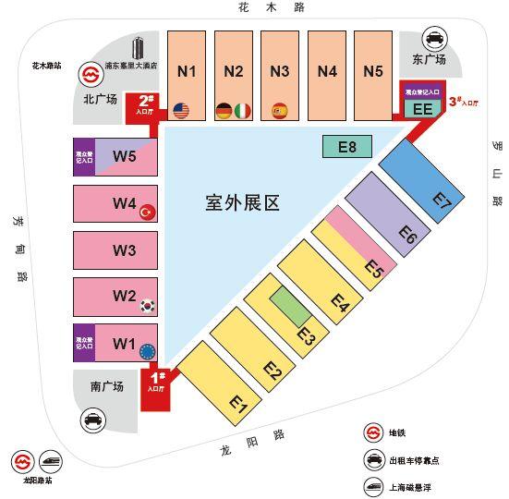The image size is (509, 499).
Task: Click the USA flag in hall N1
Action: coord(180,111)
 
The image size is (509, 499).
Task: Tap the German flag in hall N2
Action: coord(224,111)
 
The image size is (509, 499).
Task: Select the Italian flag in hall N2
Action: coord(243,111)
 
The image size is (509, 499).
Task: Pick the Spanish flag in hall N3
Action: coord(279,111)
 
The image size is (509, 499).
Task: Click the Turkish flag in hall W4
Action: coord(145,213)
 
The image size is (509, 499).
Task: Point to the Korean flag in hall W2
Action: coord(145,305)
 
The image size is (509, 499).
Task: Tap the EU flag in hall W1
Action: coord(145,351)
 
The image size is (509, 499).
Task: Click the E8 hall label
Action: coord(347,145)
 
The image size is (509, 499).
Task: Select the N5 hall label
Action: coord(372,71)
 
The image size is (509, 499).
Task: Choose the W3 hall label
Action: coord(124,250)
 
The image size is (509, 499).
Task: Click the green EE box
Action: coord(423,108)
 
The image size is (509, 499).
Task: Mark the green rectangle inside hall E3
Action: coord(292,304)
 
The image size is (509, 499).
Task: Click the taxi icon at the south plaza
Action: coord(93,420)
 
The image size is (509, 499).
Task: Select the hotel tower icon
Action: coord(139,48)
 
